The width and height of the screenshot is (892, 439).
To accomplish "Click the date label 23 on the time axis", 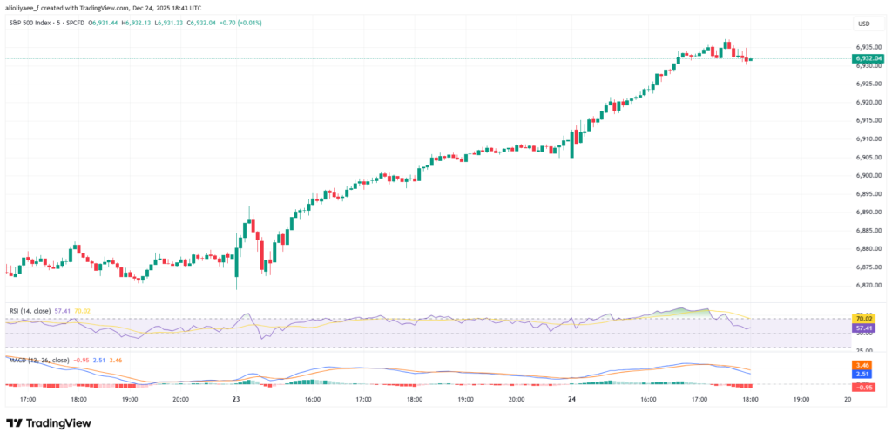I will tap(236, 400).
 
